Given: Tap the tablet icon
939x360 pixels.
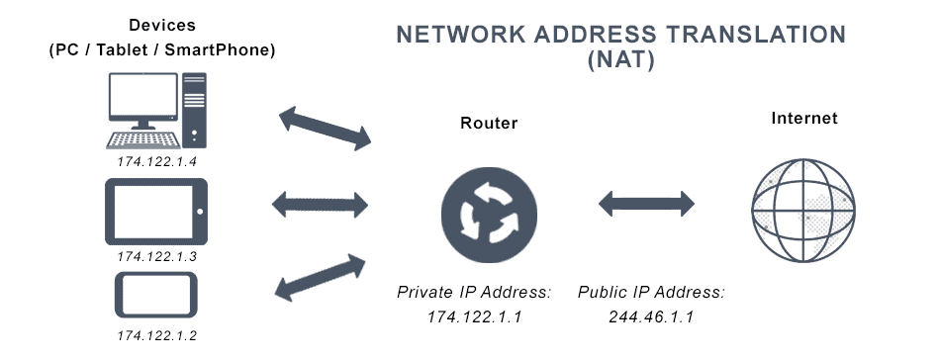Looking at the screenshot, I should [x=156, y=212].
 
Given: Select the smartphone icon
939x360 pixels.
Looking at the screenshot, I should [x=156, y=294].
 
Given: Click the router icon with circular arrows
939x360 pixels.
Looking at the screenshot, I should [x=489, y=211].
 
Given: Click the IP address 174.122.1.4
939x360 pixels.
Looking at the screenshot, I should [x=157, y=159].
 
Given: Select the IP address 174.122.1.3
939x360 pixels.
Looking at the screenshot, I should [x=157, y=256].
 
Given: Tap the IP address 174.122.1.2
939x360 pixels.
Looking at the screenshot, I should [x=157, y=336].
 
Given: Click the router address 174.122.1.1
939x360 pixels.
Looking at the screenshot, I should [x=474, y=316].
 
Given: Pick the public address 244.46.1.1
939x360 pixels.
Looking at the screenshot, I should [x=651, y=316].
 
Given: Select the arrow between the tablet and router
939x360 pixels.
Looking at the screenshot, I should [x=320, y=206].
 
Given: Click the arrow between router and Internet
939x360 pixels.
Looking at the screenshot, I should [x=647, y=206].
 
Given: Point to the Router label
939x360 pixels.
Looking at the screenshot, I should [x=489, y=124].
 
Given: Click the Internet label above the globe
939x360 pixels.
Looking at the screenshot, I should [x=804, y=118].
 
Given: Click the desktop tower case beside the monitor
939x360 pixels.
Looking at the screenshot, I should [x=193, y=111].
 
